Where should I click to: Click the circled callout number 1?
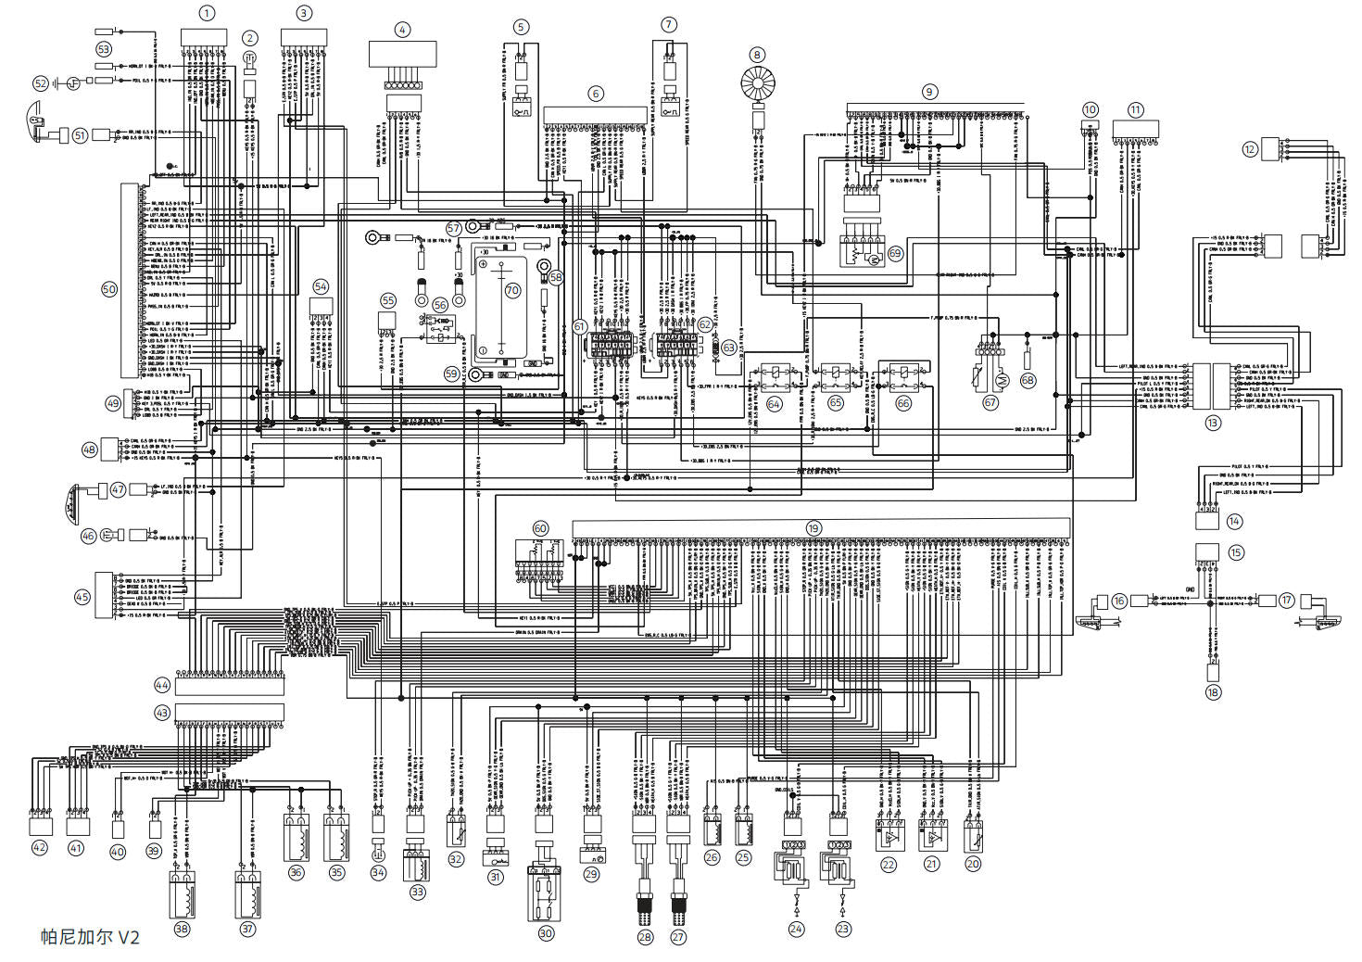(207, 13)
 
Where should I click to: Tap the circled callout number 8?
(758, 55)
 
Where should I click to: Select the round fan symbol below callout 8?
(758, 86)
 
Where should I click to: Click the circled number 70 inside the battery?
(512, 290)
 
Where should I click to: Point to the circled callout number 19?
(813, 528)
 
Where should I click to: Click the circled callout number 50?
(109, 289)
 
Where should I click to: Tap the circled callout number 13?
(1213, 422)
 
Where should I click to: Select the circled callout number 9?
(929, 92)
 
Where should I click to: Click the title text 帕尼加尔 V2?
(90, 937)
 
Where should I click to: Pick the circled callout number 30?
(546, 933)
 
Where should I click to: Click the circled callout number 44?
(162, 685)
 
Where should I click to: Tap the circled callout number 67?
(990, 402)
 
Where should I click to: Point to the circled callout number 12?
(1251, 148)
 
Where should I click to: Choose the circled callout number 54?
(321, 286)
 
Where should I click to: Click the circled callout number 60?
(540, 528)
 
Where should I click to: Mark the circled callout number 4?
(402, 30)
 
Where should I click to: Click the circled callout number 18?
(1213, 691)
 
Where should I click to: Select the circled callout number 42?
(39, 847)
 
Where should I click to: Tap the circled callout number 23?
(842, 929)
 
